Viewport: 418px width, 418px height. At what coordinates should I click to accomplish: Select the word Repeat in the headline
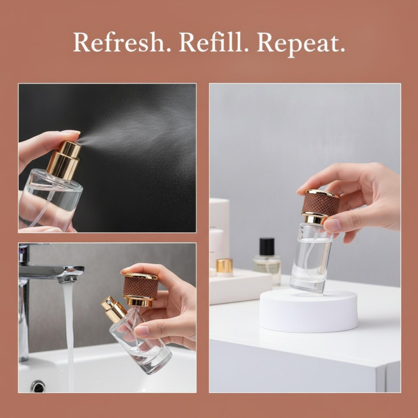point(301,44)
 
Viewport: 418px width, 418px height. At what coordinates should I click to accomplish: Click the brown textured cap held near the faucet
point(140,289)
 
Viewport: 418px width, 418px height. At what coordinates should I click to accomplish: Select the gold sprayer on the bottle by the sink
point(113,309)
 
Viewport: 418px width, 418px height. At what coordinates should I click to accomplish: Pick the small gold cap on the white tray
point(224,266)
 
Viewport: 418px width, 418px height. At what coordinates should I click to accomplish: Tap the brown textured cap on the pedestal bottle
point(321,203)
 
